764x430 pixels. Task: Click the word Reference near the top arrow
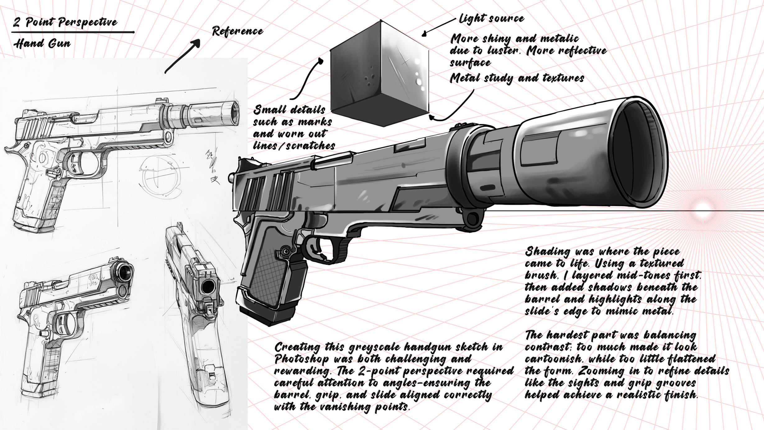237,31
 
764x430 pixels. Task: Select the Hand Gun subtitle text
42,44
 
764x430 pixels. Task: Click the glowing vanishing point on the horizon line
702,208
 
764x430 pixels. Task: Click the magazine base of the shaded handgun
267,311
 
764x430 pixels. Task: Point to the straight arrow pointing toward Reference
182,56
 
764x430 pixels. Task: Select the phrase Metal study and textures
517,78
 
